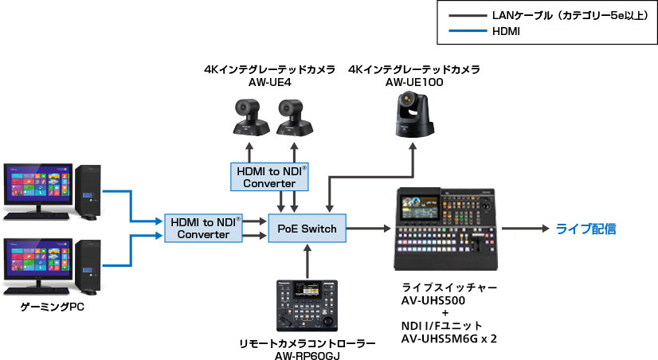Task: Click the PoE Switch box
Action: click(x=307, y=229)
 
